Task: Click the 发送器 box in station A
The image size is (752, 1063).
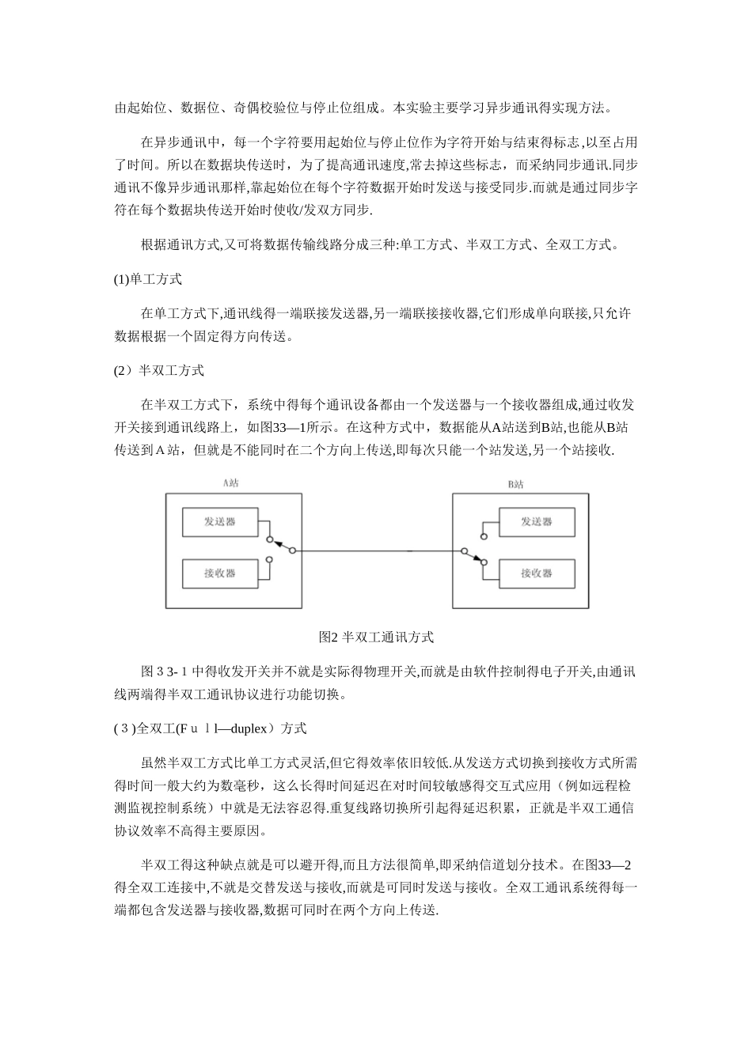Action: click(x=220, y=521)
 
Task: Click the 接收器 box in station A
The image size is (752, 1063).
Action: click(x=220, y=573)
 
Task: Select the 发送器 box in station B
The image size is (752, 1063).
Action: click(x=536, y=521)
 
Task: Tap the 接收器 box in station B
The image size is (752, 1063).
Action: click(x=536, y=573)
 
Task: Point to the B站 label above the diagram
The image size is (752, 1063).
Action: click(x=515, y=483)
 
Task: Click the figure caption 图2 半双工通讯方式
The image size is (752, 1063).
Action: click(x=376, y=637)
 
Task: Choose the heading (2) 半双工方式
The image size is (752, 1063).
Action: click(x=159, y=370)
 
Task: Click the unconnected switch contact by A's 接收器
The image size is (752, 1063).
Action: click(x=270, y=560)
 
